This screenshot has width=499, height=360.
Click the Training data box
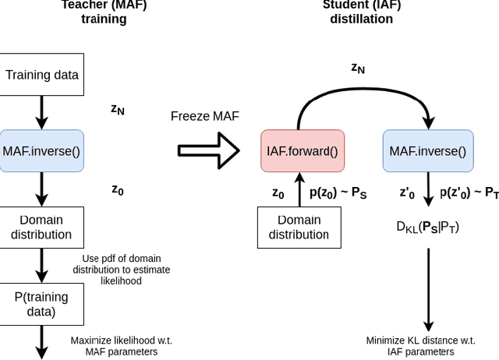coord(42,76)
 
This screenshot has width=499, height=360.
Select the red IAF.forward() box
coord(302,150)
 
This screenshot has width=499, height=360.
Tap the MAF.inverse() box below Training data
coord(42,150)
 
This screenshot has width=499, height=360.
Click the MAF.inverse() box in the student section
coord(427,150)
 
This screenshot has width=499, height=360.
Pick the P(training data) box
coord(42,304)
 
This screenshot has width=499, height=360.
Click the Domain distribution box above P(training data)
coord(42,227)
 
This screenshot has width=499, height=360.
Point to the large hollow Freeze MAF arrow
coord(207,150)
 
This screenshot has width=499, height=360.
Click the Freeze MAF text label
coord(204,116)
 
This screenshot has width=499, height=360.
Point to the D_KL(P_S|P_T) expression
coord(427,227)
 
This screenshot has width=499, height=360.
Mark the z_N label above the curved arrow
coord(358,68)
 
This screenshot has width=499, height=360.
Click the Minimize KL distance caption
coord(420,346)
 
